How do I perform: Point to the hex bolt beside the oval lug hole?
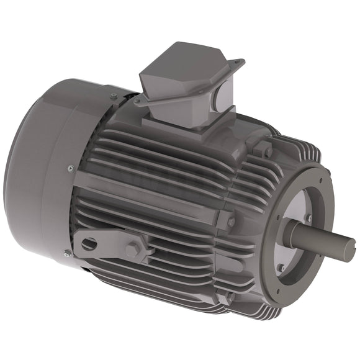(132, 250)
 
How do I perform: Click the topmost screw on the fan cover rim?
(114, 96)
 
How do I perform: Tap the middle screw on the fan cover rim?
(70, 168)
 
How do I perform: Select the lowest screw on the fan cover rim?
(68, 253)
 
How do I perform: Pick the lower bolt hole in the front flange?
(281, 268)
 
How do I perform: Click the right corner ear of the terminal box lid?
(238, 63)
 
